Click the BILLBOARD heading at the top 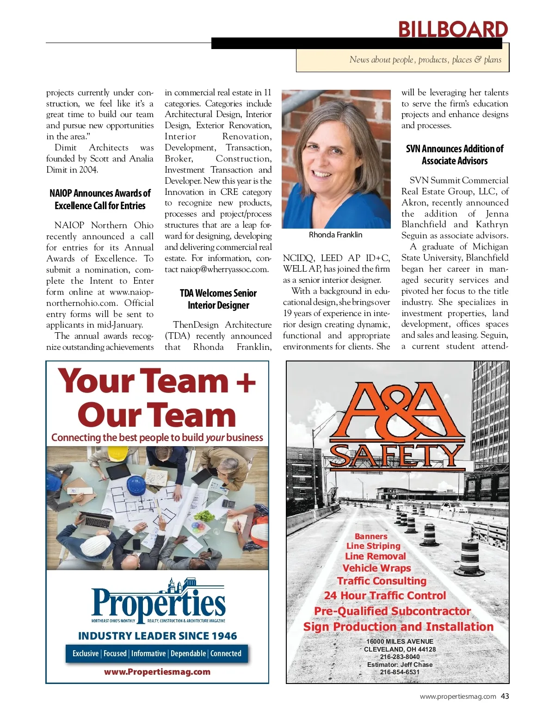coord(453,29)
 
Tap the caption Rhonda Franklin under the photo coord(335,235)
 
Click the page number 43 coord(505,696)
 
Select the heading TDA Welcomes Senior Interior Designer coord(218,299)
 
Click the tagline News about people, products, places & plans coord(425,60)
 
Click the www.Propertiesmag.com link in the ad coord(157,671)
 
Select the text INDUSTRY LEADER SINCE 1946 coord(157,636)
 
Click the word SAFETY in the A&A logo coord(397,456)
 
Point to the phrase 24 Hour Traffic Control coord(385,596)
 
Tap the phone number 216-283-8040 coord(400,657)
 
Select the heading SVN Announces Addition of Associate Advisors coord(455,155)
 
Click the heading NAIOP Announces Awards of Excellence coord(100,199)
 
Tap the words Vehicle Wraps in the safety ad coord(376,568)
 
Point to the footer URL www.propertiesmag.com coord(458,696)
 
